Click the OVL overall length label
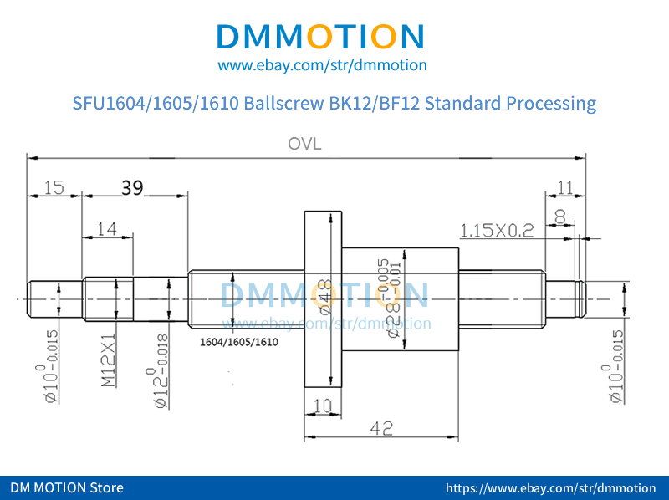304,144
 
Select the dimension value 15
54,188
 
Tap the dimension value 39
132,187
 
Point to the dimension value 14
106,228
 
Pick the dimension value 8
560,217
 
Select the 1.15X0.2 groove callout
497,231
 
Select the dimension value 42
381,427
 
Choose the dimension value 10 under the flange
323,406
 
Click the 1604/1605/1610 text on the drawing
239,342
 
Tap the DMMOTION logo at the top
321,36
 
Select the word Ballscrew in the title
281,104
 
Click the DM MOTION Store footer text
67,487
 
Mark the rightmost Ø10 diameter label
616,368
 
